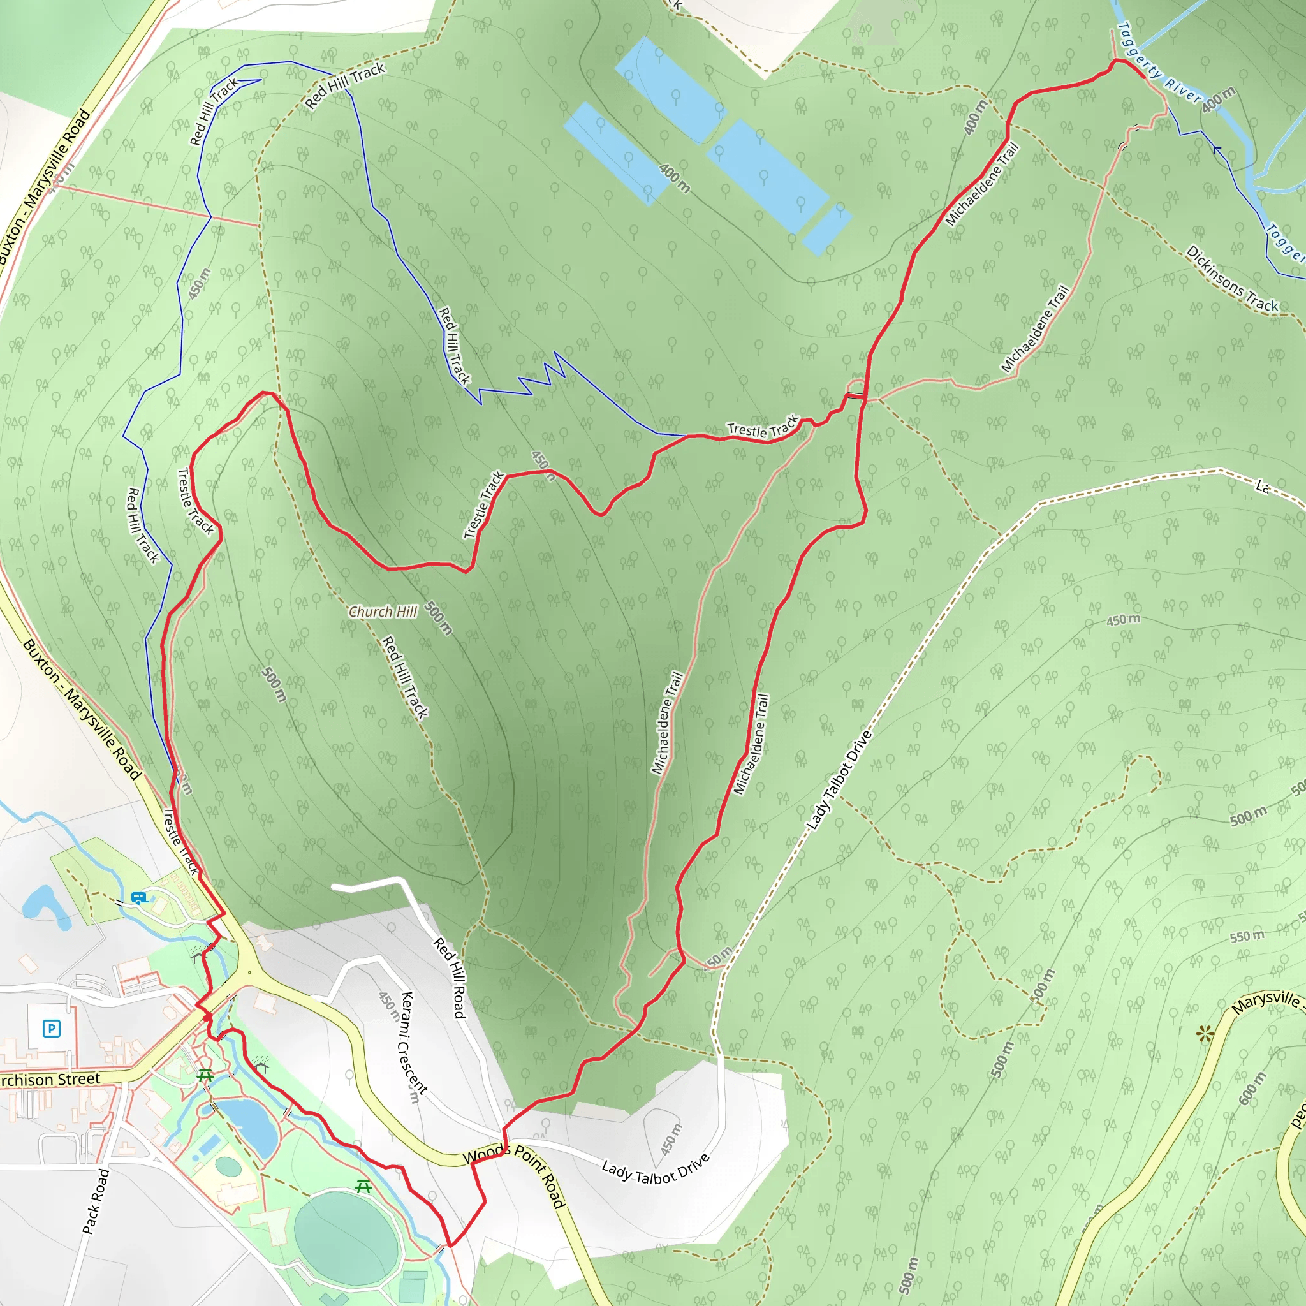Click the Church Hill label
tap(383, 612)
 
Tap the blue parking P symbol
tap(52, 1029)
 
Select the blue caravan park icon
tap(138, 899)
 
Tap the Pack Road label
tap(95, 1201)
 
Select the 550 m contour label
tap(1247, 936)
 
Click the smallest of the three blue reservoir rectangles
tap(826, 228)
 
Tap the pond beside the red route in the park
tap(249, 1126)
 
